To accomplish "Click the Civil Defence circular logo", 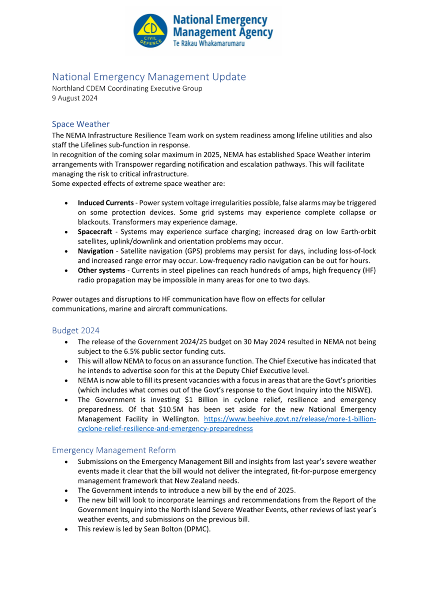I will (x=150, y=31).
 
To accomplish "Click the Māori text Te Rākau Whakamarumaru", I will (x=208, y=43).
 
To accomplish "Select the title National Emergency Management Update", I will (x=149, y=77).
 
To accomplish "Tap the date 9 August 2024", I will (x=75, y=98).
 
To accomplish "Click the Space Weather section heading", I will (x=80, y=124).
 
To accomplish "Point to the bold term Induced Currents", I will (x=106, y=203).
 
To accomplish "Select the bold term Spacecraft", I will (x=95, y=232).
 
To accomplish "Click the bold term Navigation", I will (x=95, y=251).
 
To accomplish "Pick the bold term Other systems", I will (x=101, y=270).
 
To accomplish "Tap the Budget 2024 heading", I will (x=76, y=330).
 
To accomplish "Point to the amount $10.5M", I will (x=171, y=409).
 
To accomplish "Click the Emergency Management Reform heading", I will (x=114, y=450).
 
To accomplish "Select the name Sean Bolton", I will (x=163, y=529).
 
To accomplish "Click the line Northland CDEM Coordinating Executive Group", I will (x=127, y=88).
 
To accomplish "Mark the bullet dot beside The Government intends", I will (x=66, y=491).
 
